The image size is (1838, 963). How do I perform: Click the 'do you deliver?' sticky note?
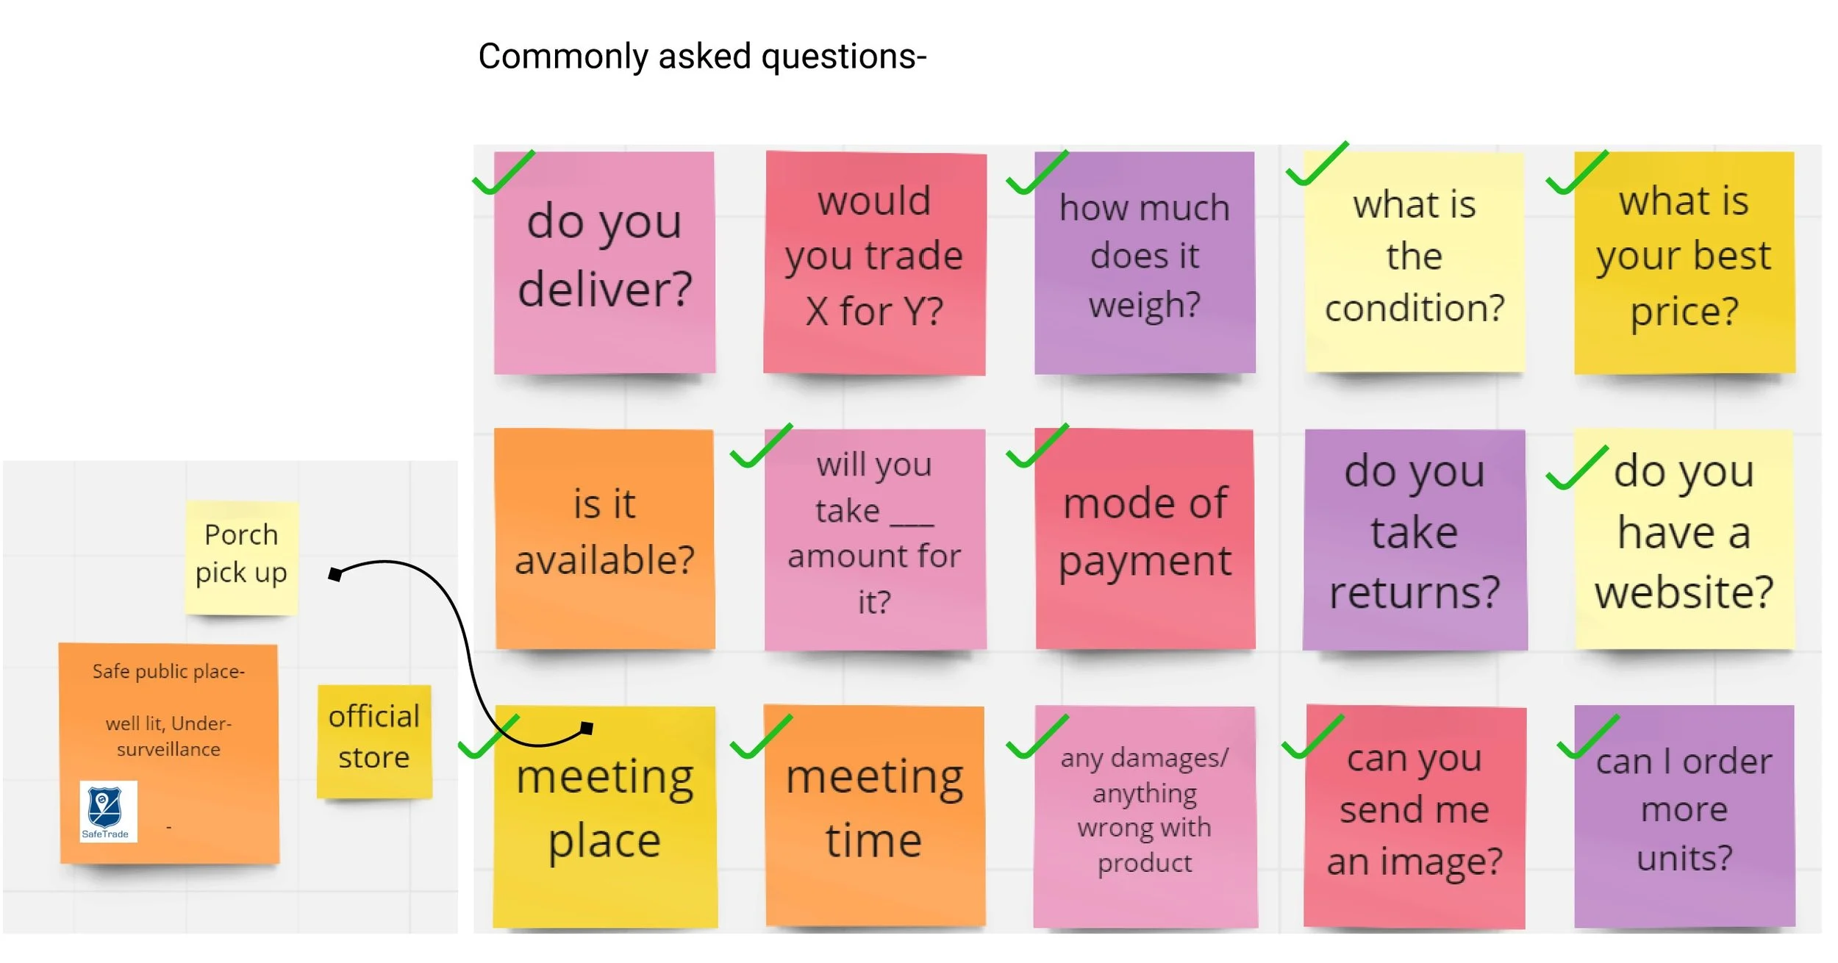604,262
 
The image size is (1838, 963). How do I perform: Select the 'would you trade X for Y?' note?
874,262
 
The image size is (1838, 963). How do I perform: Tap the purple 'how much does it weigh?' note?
1144,262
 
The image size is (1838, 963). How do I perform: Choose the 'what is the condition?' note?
1414,262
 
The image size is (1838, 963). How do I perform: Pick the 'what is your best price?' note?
1684,262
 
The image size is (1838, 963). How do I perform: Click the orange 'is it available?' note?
604,539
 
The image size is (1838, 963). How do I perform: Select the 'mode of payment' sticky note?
1144,539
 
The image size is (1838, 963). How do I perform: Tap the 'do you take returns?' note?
1414,539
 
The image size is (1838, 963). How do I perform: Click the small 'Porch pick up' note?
241,556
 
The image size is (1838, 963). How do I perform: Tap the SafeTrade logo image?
107,811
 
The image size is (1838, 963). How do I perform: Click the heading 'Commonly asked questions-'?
701,57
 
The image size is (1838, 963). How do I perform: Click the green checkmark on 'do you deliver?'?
502,173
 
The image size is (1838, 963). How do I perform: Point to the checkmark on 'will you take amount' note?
760,447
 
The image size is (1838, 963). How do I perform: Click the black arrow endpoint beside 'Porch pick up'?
335,574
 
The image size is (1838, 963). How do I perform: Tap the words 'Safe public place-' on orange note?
168,672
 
